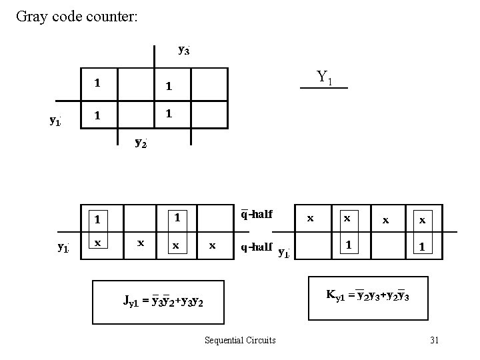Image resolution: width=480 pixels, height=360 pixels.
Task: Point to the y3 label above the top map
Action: (184, 49)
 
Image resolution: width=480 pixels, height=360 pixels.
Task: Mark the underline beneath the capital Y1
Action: (324, 88)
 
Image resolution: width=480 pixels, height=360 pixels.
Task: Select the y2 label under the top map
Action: (141, 142)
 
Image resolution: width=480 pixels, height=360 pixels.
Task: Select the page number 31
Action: (434, 340)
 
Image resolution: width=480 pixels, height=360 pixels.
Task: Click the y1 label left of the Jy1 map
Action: (63, 247)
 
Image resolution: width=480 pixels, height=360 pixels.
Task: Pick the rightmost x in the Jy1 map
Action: (212, 245)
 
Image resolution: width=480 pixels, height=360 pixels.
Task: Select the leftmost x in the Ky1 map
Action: (309, 218)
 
